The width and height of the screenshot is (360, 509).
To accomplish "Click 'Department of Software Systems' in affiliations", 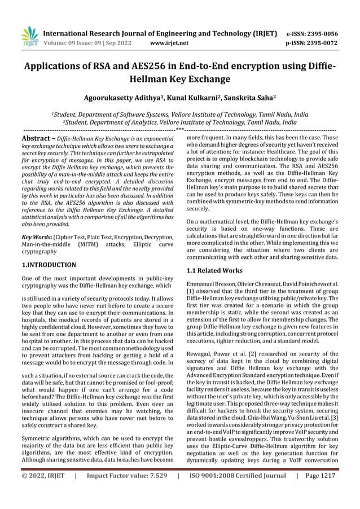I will coord(139,113).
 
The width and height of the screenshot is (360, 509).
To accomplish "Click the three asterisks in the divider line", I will coord(179,130).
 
